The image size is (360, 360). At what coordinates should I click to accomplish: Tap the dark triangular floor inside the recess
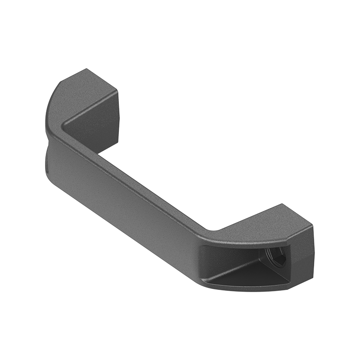[x=252, y=275]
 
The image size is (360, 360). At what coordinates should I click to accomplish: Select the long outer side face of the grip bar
[x=121, y=198]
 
